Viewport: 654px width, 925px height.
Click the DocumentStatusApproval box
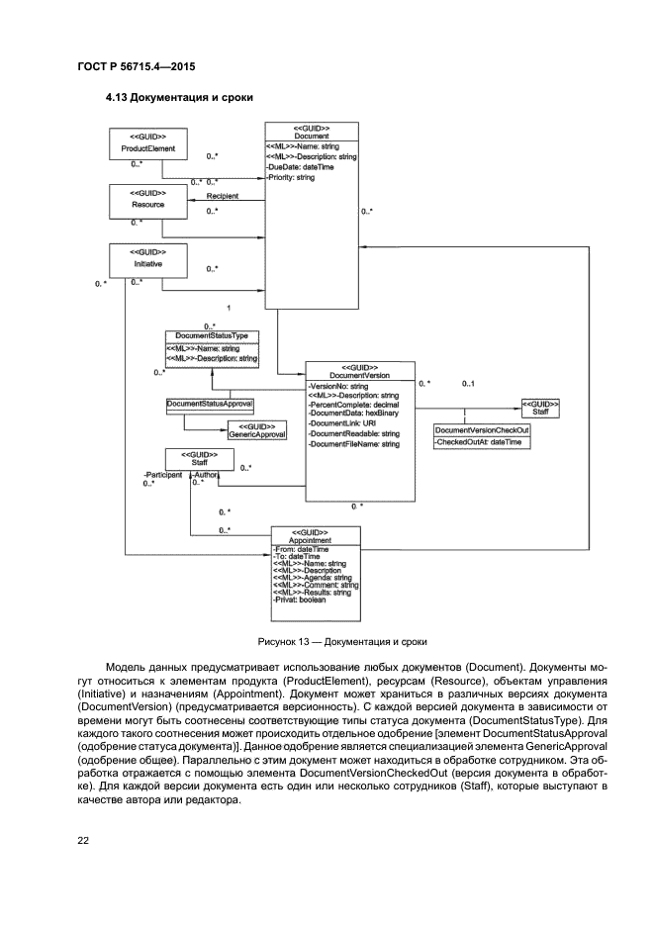pyautogui.click(x=210, y=404)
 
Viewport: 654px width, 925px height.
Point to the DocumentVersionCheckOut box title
pyautogui.click(x=482, y=430)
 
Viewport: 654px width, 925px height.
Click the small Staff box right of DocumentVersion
pyautogui.click(x=540, y=409)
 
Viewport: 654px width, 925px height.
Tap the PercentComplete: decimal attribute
pyautogui.click(x=353, y=405)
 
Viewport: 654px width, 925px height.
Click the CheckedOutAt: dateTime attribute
pyautogui.click(x=478, y=442)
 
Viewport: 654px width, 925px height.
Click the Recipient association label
pyautogui.click(x=223, y=196)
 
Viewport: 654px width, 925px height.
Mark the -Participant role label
pyautogui.click(x=162, y=475)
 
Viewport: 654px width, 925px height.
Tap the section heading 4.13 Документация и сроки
pyautogui.click(x=179, y=98)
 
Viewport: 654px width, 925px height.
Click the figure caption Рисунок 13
pyautogui.click(x=327, y=641)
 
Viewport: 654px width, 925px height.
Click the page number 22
pyautogui.click(x=85, y=841)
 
